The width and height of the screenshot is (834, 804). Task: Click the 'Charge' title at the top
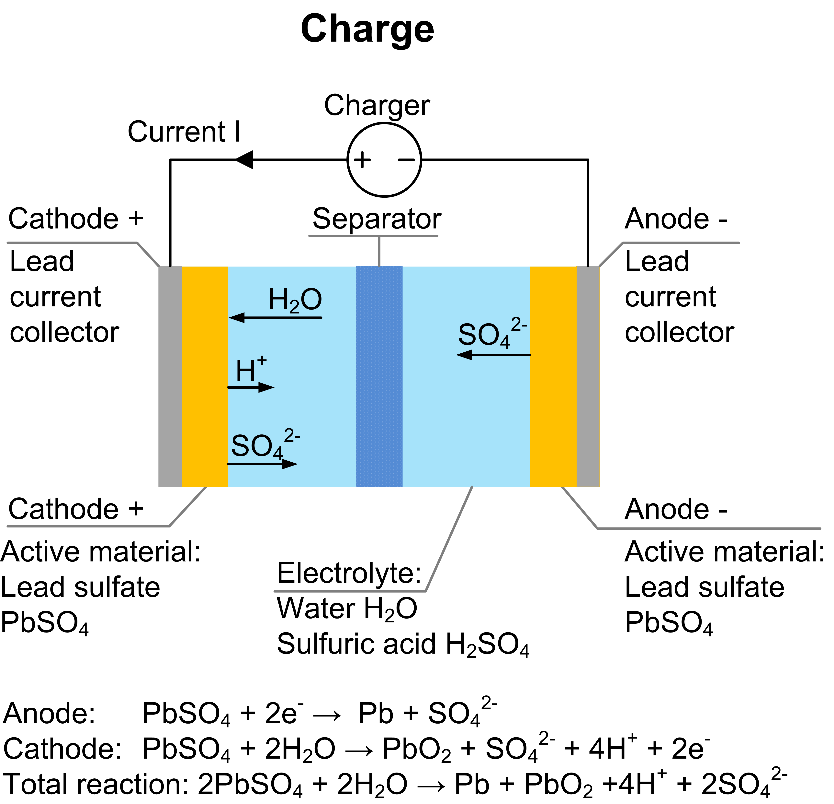click(367, 29)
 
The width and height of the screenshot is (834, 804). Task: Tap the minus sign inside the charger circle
click(406, 160)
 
